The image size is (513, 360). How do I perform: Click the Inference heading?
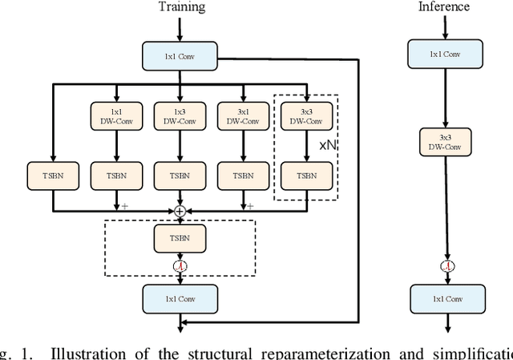coord(443,7)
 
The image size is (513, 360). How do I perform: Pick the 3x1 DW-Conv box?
coord(244,115)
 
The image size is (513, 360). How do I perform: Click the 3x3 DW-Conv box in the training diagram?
coord(305,115)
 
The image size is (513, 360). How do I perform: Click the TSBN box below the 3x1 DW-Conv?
coord(244,175)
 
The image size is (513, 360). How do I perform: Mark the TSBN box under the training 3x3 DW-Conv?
coord(305,175)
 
